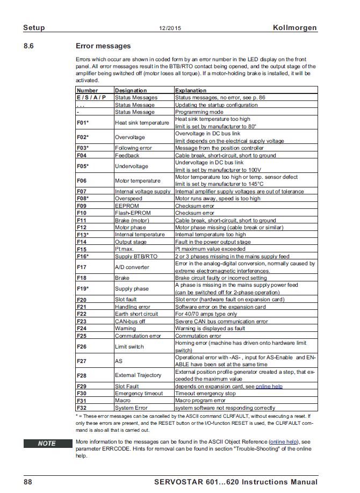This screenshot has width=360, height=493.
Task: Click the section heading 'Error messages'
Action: coord(103,46)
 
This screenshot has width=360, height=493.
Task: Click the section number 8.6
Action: coord(29,46)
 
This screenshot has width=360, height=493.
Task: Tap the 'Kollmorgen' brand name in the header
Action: coord(294,27)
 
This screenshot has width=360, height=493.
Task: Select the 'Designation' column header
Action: coord(131,91)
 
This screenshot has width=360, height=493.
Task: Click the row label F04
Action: coord(82,155)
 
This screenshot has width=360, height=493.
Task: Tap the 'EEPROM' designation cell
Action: coord(127,206)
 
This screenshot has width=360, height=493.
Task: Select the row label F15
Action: coord(82,249)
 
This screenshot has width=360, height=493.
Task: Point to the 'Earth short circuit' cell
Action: coord(136,314)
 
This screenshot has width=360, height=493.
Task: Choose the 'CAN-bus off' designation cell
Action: coord(131,321)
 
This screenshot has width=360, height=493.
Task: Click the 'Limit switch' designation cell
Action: coord(129,347)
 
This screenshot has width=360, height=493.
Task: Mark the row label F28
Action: coord(82,375)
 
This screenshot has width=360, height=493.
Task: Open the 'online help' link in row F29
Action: coord(269,386)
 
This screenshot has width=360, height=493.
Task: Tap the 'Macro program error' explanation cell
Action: coord(200,401)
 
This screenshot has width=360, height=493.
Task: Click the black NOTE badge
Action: coord(47,444)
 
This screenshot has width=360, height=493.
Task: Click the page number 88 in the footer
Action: coord(28,482)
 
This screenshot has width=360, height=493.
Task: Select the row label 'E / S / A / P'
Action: coord(91,98)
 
